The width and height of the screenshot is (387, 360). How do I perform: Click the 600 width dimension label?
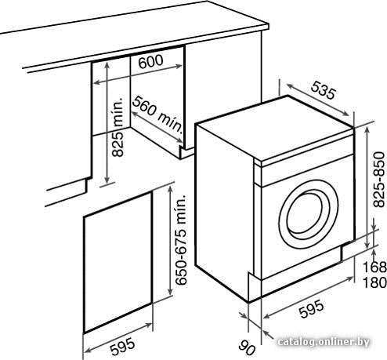click(x=150, y=61)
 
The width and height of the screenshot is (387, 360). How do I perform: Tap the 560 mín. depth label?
click(x=157, y=114)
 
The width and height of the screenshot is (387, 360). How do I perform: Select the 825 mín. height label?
click(x=118, y=127)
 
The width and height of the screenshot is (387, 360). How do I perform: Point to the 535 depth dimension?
click(x=323, y=90)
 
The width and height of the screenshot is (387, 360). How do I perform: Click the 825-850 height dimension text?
click(x=379, y=180)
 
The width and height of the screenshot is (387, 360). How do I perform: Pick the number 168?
click(x=374, y=267)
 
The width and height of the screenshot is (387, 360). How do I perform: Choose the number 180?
click(x=374, y=282)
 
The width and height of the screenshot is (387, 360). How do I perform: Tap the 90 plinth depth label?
click(x=247, y=347)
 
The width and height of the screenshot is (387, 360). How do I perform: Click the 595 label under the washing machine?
click(x=311, y=309)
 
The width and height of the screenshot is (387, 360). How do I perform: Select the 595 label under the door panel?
click(x=122, y=347)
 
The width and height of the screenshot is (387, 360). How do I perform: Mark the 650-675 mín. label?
click(x=181, y=240)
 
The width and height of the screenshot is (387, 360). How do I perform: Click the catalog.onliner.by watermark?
click(x=324, y=342)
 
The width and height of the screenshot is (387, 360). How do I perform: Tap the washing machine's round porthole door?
click(x=309, y=214)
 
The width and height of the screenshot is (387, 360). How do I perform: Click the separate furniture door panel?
click(x=118, y=263)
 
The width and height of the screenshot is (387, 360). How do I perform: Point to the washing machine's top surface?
click(x=274, y=128)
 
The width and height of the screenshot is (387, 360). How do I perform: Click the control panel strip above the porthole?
click(x=307, y=170)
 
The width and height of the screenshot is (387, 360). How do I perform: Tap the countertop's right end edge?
click(x=268, y=27)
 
